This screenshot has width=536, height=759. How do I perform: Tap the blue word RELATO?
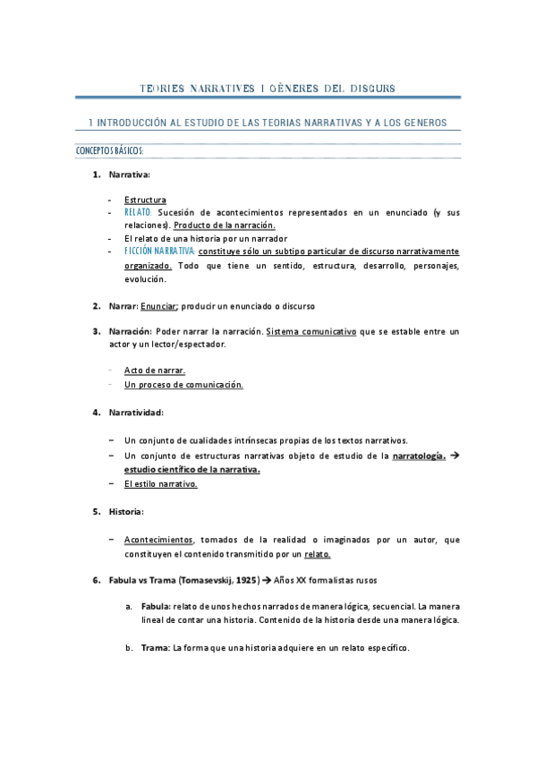point(139,212)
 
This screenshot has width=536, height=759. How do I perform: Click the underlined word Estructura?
point(145,200)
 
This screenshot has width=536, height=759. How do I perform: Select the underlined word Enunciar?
point(159,305)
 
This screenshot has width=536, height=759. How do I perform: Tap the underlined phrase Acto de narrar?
point(155,371)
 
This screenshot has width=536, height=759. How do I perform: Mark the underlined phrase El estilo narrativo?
point(161,483)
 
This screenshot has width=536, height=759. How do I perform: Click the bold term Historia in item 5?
point(125,511)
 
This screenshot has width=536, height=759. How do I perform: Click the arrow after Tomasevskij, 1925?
point(265,580)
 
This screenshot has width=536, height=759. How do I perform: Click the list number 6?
point(96,580)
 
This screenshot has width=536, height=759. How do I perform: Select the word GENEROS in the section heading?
point(422,122)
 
